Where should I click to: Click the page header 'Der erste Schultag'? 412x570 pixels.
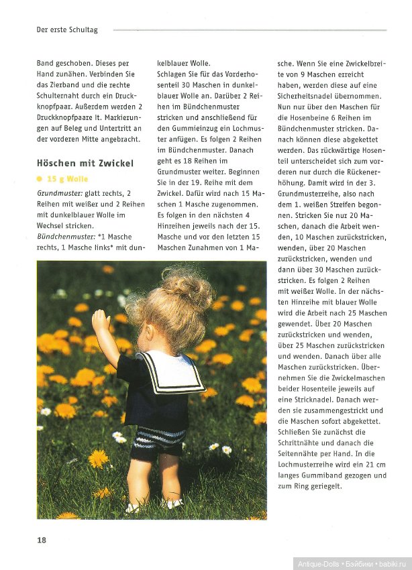click(67, 30)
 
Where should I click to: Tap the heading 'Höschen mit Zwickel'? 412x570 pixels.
click(85, 163)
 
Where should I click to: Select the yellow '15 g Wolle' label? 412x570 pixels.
click(67, 179)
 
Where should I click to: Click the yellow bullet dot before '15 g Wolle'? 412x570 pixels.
click(40, 179)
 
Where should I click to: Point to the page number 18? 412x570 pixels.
click(42, 540)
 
